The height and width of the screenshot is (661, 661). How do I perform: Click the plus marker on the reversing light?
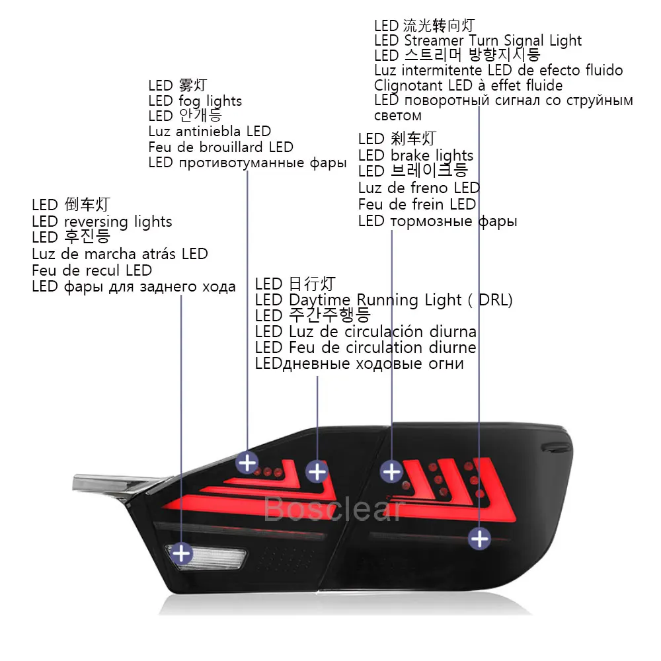pyautogui.click(x=181, y=553)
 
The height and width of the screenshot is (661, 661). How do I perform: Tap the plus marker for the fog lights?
pyautogui.click(x=247, y=463)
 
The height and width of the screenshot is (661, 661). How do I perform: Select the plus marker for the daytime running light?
pyautogui.click(x=317, y=471)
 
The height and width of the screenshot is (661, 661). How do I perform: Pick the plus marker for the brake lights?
pyautogui.click(x=391, y=471)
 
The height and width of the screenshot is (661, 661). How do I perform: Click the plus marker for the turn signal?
pyautogui.click(x=479, y=538)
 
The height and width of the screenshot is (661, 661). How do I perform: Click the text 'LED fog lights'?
pyautogui.click(x=195, y=101)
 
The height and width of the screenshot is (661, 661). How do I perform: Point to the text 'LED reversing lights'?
pyautogui.click(x=102, y=221)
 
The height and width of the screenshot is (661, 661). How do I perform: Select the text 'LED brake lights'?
pyautogui.click(x=416, y=155)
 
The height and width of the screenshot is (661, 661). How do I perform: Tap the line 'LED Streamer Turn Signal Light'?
pyautogui.click(x=478, y=41)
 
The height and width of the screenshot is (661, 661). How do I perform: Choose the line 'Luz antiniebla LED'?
pyautogui.click(x=210, y=131)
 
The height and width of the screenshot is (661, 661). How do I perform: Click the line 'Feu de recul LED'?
pyautogui.click(x=92, y=270)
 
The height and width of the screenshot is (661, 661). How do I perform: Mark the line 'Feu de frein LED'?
pyautogui.click(x=417, y=204)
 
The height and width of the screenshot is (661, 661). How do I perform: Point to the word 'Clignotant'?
pyautogui.click(x=408, y=85)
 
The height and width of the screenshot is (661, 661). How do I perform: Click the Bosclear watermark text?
pyautogui.click(x=334, y=509)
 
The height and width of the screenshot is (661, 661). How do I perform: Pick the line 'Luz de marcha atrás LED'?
pyautogui.click(x=120, y=254)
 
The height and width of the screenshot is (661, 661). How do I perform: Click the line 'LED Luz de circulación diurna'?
pyautogui.click(x=366, y=332)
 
